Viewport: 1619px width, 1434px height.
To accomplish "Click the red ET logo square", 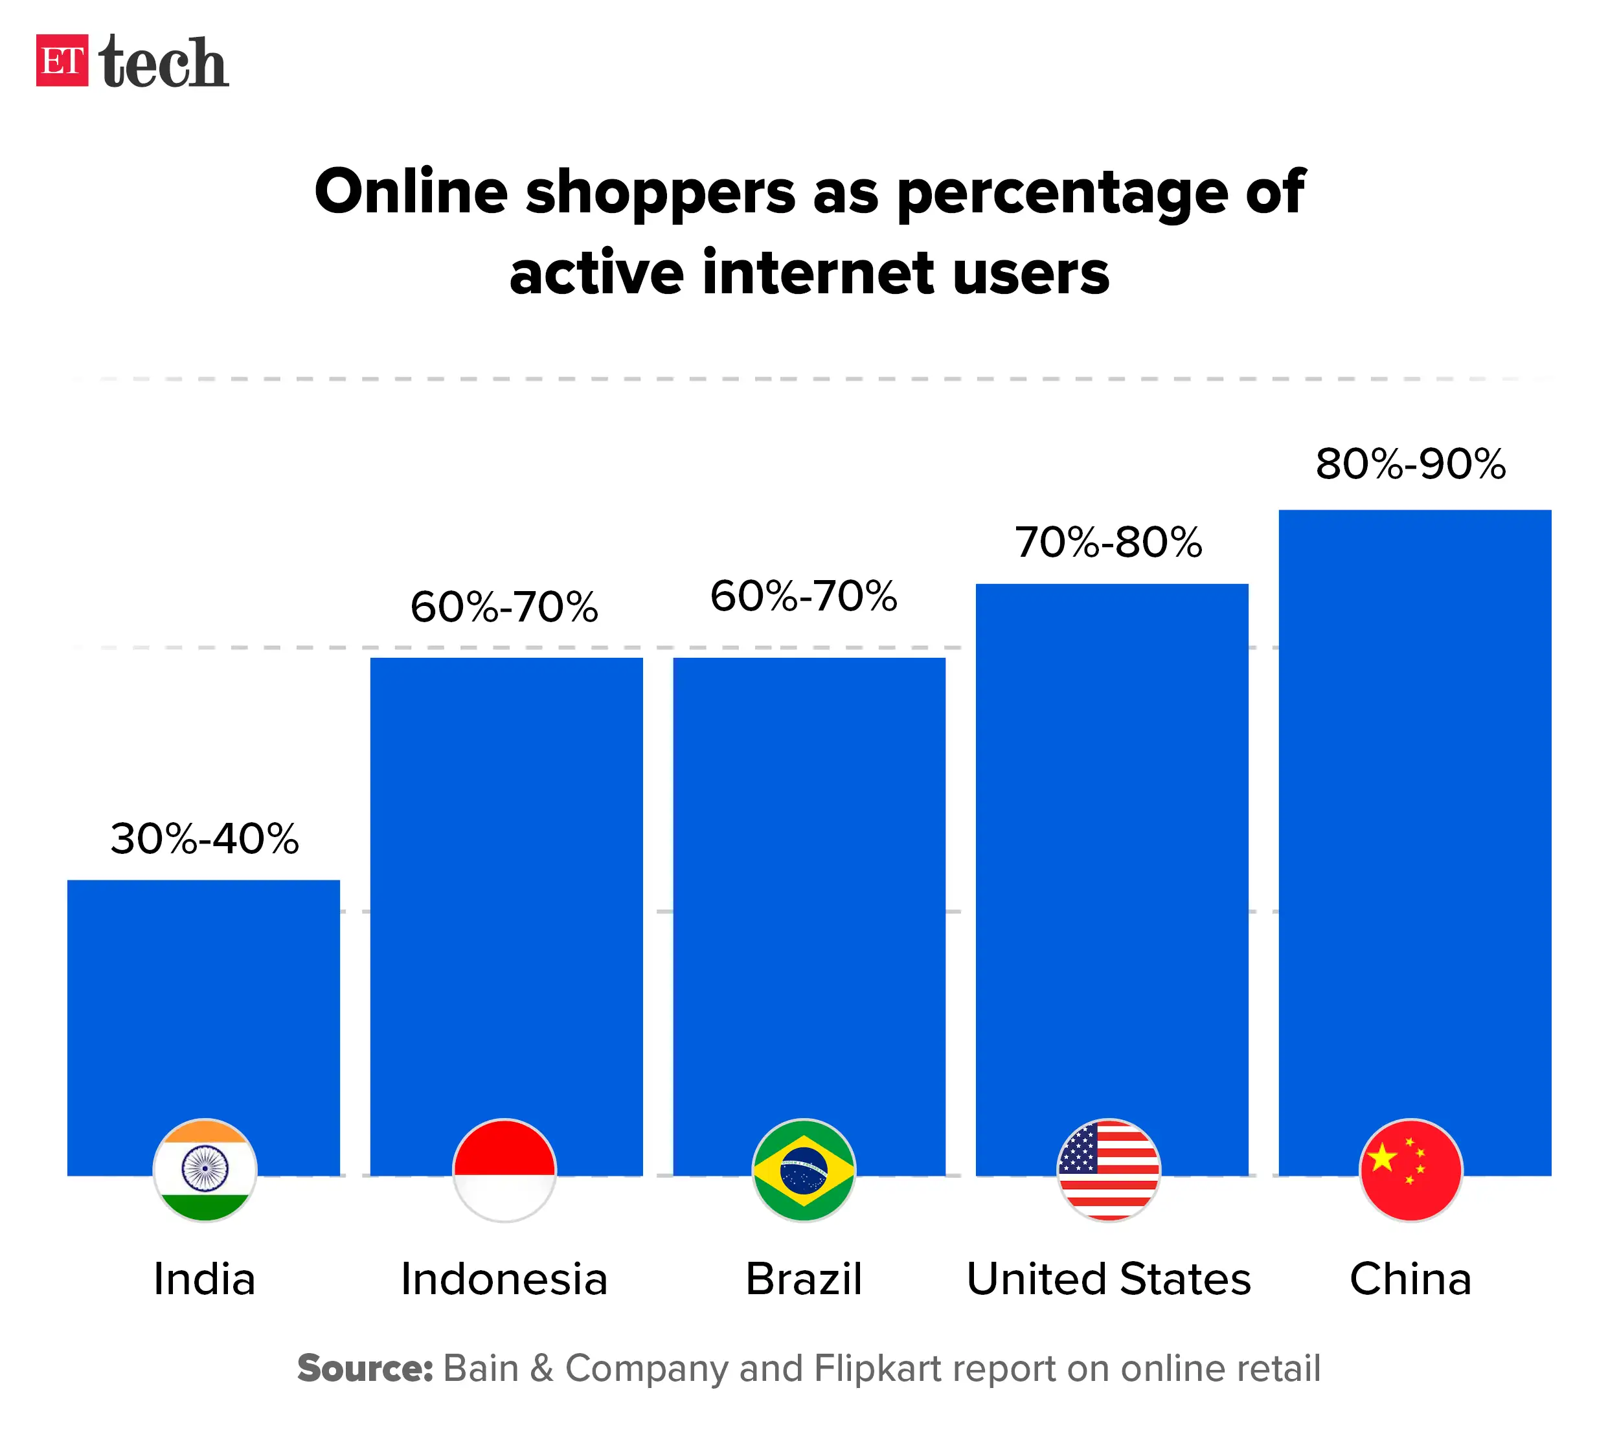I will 62,60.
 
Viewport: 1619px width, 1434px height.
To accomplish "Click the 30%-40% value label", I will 205,838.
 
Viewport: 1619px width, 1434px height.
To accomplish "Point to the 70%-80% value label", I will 1108,543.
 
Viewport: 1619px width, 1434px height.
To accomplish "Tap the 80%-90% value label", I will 1410,464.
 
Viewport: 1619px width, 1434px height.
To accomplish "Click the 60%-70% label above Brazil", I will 803,596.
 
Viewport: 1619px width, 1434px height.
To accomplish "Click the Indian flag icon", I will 205,1169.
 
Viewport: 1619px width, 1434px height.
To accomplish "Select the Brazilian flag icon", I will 803,1169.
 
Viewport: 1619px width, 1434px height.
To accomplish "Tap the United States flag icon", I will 1108,1169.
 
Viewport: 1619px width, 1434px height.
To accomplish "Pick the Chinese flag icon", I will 1410,1169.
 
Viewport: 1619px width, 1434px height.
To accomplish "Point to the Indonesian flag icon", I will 504,1169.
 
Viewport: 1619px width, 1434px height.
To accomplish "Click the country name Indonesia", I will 504,1279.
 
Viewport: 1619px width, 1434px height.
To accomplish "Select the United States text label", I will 1108,1279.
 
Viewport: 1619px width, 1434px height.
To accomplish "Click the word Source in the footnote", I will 365,1368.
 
